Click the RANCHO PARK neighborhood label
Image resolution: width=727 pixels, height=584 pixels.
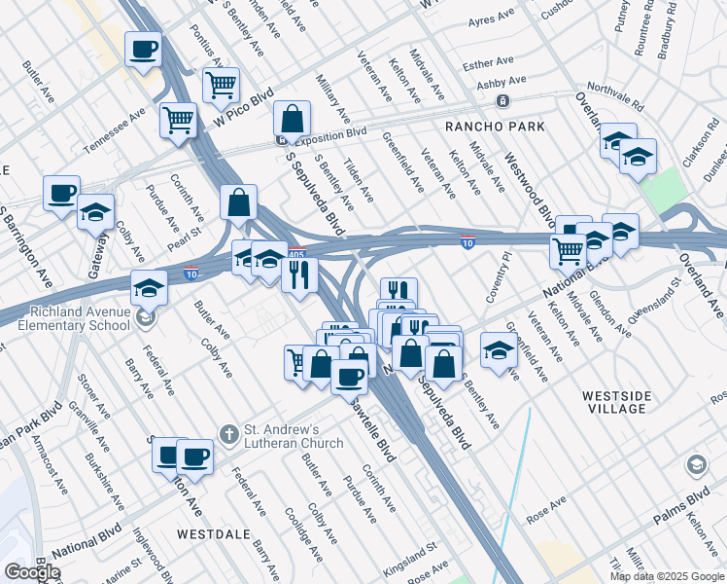494,128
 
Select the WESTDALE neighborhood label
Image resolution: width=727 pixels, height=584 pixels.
214,534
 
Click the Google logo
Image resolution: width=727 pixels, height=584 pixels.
32,572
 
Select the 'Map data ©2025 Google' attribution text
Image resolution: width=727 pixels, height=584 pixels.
667,576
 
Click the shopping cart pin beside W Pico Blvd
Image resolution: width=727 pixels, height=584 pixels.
221,86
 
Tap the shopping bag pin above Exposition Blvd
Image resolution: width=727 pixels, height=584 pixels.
292,120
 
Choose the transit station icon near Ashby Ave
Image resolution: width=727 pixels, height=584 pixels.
502,101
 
